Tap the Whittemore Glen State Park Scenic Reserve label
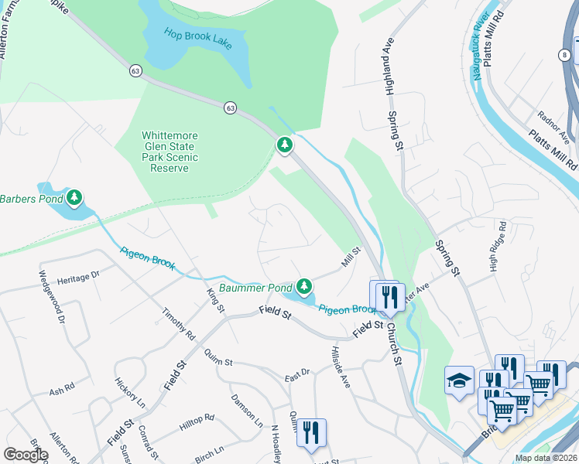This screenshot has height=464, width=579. (x=170, y=151)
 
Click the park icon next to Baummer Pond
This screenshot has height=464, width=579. (x=304, y=286)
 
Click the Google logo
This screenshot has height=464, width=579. (x=26, y=454)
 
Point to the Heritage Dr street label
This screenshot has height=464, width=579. (x=79, y=275)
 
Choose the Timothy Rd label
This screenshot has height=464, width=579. (x=177, y=323)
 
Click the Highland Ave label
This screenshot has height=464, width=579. (x=390, y=67)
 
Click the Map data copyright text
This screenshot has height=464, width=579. (x=546, y=458)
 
